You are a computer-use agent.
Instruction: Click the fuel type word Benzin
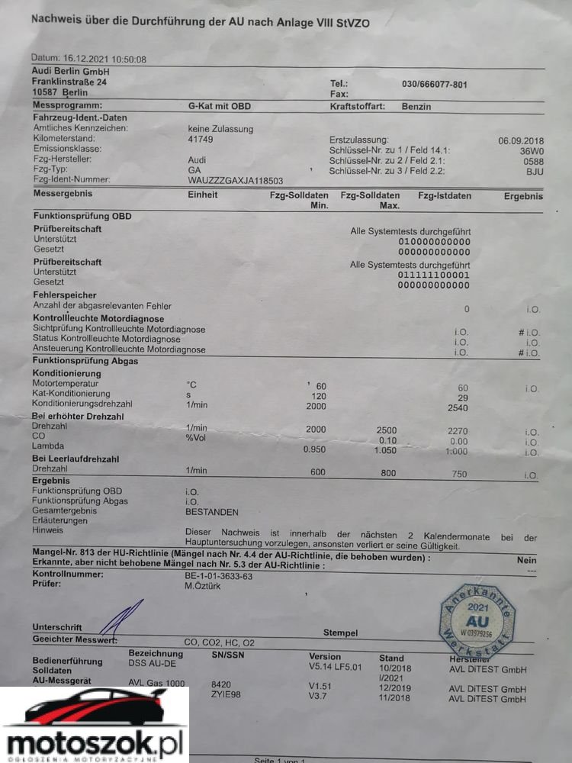tap(416, 107)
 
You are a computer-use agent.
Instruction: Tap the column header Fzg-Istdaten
tap(445, 196)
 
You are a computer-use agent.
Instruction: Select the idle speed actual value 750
tap(459, 474)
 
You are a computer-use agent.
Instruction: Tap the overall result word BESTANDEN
tap(212, 512)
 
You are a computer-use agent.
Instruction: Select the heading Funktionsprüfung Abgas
tap(85, 361)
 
